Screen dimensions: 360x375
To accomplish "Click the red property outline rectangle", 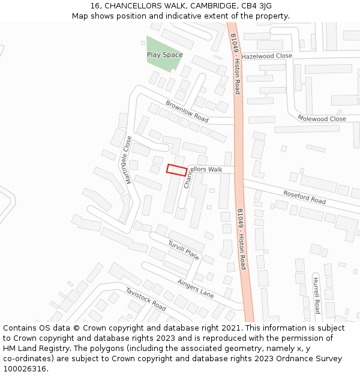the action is (176, 170).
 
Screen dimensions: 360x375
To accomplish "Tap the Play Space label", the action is (164, 55).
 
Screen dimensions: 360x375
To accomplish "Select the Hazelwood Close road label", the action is (266, 56).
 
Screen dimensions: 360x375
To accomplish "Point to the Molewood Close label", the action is (322, 119).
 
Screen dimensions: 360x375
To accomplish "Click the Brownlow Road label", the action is (187, 112).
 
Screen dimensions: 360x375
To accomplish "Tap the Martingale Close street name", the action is (128, 160).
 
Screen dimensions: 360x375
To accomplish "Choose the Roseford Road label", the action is (305, 197).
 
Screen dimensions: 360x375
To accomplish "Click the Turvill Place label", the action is (184, 250).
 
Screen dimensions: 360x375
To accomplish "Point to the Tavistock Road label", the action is (146, 299).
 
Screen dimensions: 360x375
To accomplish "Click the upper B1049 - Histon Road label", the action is (235, 64).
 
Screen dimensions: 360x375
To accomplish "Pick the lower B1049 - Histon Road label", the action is (241, 239).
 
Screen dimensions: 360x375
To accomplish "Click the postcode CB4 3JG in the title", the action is (256, 6).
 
